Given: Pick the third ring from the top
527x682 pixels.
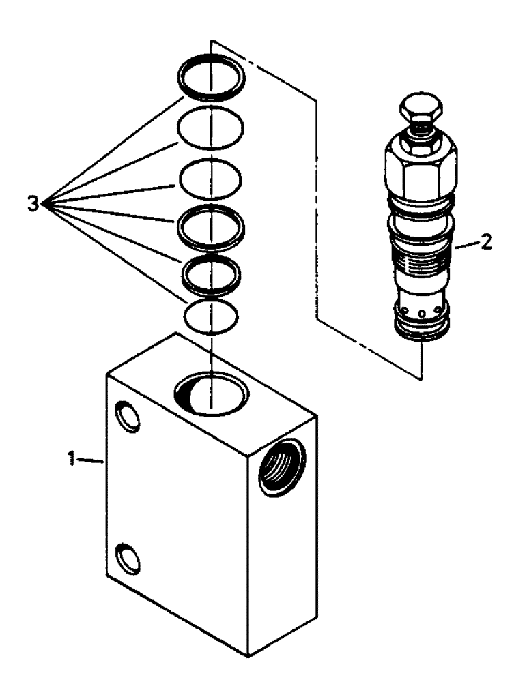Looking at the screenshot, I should [210, 178].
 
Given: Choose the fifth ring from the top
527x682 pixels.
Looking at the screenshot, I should [211, 276].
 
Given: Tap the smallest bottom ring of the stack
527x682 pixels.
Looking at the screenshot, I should [212, 316].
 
